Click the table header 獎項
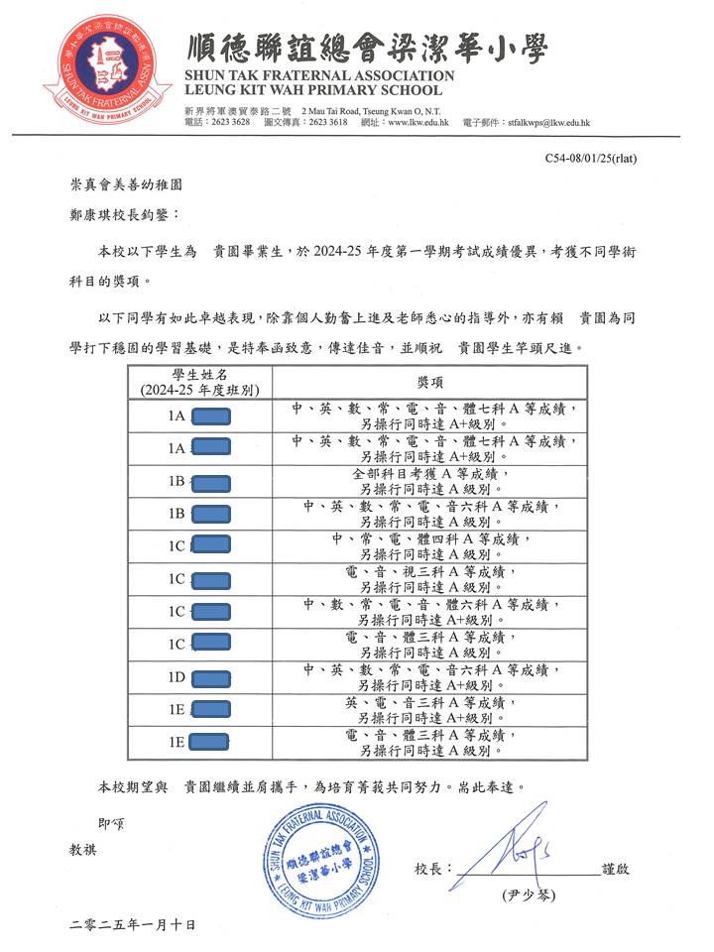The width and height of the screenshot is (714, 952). (x=430, y=381)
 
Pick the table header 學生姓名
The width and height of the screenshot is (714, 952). (x=200, y=374)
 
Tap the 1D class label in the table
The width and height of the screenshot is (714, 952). (x=177, y=677)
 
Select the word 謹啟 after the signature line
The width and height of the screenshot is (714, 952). (x=615, y=870)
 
